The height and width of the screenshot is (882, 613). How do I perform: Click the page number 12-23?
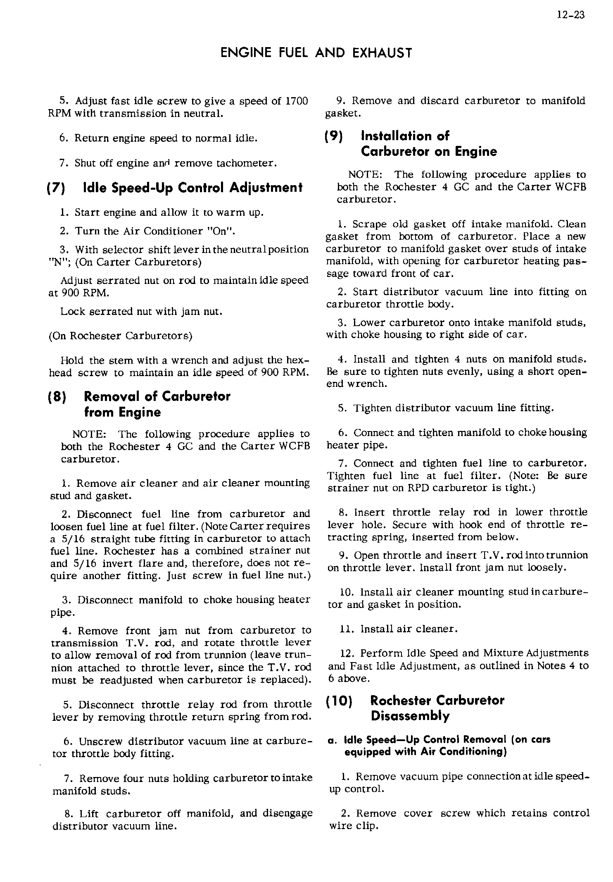pyautogui.click(x=571, y=16)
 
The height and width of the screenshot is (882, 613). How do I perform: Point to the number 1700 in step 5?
pyautogui.click(x=297, y=101)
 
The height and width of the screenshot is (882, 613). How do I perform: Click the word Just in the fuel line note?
pyautogui.click(x=202, y=576)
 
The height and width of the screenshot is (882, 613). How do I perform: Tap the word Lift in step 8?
pyautogui.click(x=89, y=814)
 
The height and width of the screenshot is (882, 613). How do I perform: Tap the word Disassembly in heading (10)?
pyautogui.click(x=410, y=716)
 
